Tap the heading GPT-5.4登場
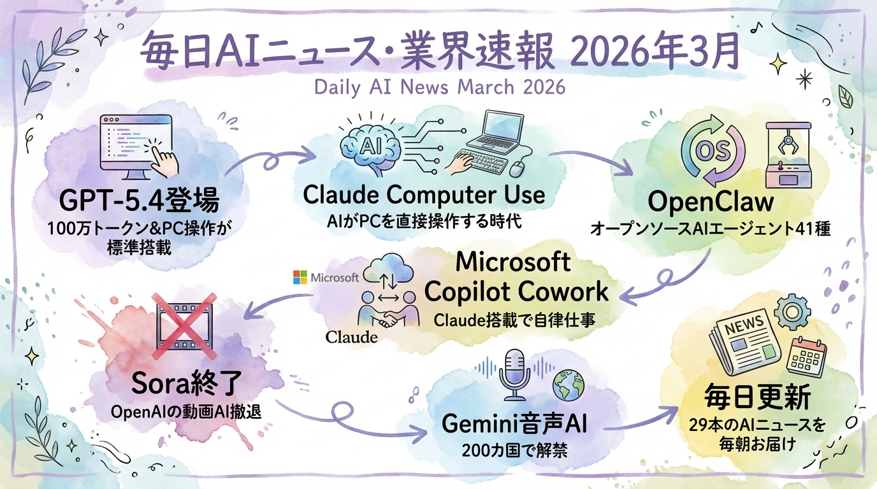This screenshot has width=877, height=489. point(139,201)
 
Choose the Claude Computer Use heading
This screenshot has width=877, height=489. point(424,195)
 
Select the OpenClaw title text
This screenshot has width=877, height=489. point(711,202)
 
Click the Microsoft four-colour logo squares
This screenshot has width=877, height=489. point(300,277)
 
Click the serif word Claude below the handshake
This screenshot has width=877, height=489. point(351,337)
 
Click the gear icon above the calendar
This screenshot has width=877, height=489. point(792,311)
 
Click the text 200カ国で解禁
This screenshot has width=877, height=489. point(514,451)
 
